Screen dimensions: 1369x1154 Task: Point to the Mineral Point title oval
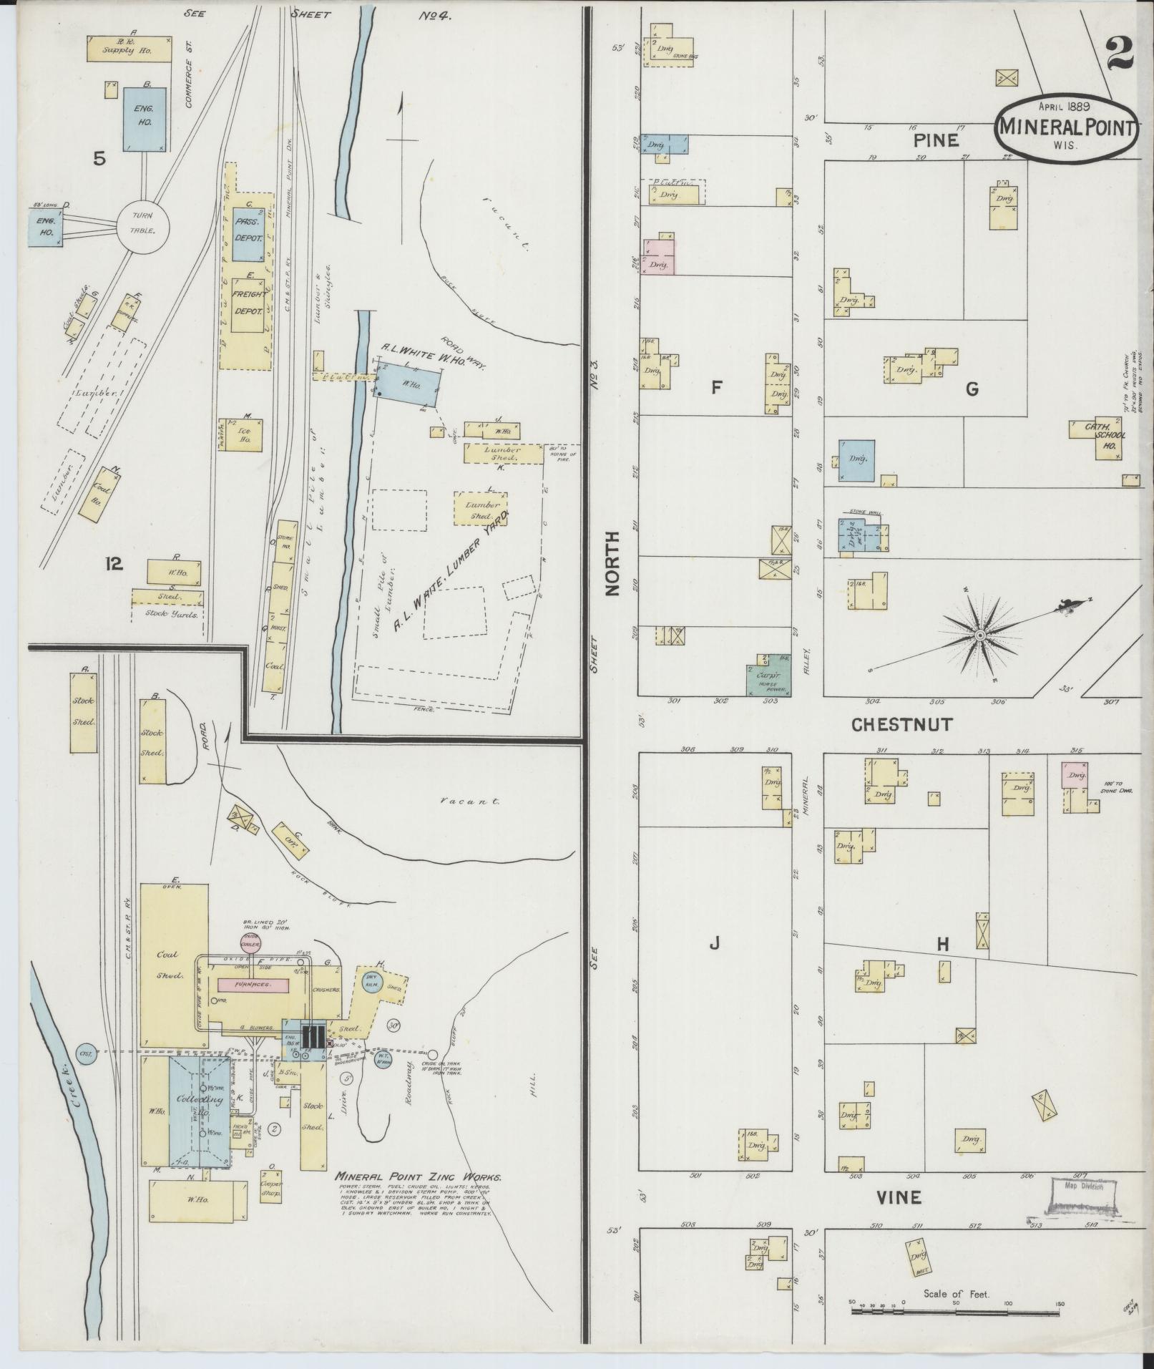point(1067,129)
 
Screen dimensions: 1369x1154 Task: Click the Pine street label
point(936,141)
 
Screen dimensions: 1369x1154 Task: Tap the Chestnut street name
point(901,724)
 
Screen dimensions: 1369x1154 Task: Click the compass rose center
point(980,635)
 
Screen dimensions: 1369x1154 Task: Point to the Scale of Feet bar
point(957,1312)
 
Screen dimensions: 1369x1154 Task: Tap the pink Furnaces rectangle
point(253,985)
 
